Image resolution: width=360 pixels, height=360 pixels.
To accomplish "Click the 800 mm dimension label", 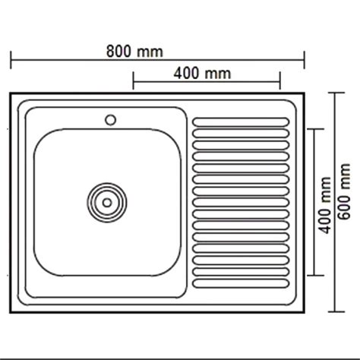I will pos(134,51).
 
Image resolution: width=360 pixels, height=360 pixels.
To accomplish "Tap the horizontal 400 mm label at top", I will pos(201,73).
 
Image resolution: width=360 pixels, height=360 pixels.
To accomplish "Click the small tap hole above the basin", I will pos(110,119).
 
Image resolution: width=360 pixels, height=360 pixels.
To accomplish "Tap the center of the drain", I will pos(106,202).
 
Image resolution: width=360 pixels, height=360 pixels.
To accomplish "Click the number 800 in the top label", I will pos(121,51).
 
